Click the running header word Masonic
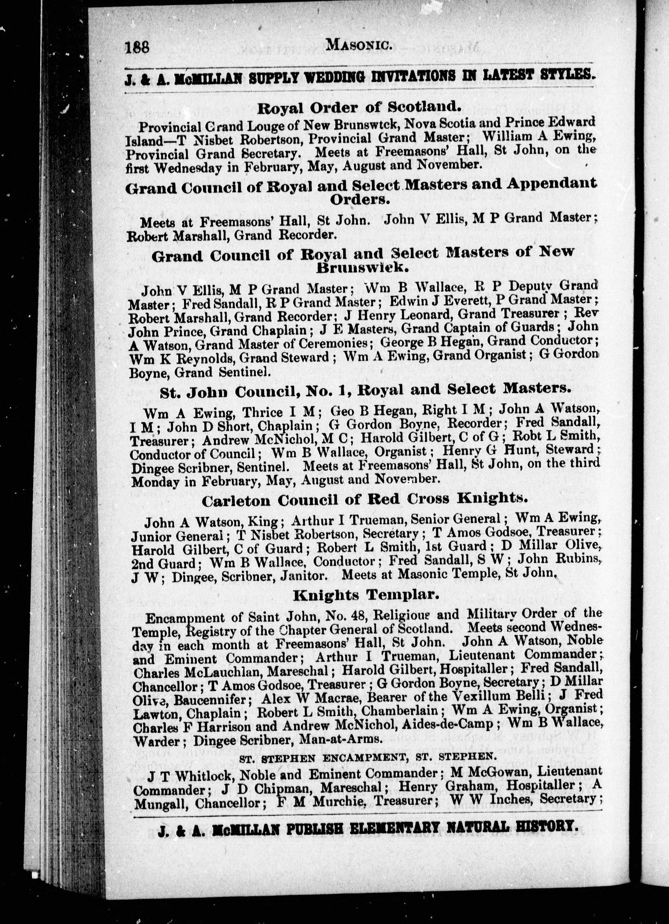(x=359, y=46)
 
